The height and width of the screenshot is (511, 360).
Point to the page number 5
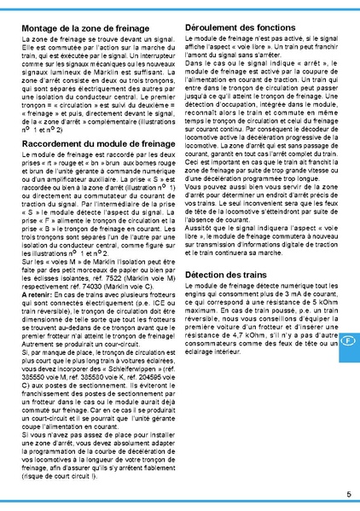point(349,494)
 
